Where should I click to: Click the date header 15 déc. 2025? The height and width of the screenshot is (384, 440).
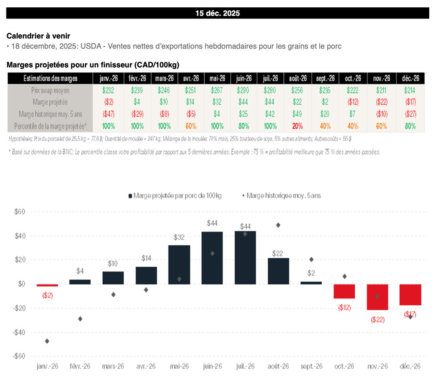pyautogui.click(x=217, y=13)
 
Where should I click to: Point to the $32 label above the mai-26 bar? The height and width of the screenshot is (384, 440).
pyautogui.click(x=179, y=237)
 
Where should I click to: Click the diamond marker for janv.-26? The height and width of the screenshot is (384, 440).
pyautogui.click(x=47, y=341)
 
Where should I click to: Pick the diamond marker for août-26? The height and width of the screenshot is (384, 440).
pyautogui.click(x=278, y=225)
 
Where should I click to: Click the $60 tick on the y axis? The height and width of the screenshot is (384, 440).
pyautogui.click(x=20, y=212)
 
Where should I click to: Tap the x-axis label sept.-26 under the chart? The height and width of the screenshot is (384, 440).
pyautogui.click(x=312, y=366)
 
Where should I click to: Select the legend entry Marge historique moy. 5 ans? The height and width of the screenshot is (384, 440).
pyautogui.click(x=281, y=195)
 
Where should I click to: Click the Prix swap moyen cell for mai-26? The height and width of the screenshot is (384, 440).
pyautogui.click(x=217, y=90)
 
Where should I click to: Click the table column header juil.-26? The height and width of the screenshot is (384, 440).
pyautogui.click(x=271, y=78)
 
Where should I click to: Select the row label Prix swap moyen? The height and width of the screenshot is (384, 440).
pyautogui.click(x=50, y=90)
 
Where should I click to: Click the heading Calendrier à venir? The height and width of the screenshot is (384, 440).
pyautogui.click(x=38, y=36)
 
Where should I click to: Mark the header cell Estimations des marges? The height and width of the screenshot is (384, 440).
pyautogui.click(x=50, y=78)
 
